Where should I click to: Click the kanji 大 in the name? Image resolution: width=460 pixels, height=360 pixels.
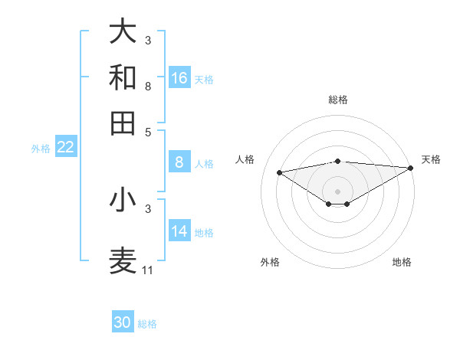123,31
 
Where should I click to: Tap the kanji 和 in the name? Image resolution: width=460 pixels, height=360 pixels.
123,77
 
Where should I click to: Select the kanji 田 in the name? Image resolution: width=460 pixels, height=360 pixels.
123,123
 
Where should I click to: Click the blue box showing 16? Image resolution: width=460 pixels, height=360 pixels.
179,78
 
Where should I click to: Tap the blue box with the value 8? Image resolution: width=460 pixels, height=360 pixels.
179,162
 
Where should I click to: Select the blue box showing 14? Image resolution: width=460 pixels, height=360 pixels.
179,231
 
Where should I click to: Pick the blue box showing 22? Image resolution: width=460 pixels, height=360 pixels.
65,147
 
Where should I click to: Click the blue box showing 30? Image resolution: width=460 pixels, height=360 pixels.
123,322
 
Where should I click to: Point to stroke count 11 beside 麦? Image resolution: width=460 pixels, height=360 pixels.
147,270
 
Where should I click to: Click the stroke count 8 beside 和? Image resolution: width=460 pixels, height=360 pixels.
147,87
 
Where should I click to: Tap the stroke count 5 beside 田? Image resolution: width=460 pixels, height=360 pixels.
147,131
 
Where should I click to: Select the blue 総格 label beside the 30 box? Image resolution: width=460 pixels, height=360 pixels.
147,324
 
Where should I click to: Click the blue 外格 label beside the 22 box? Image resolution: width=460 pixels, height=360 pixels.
40,149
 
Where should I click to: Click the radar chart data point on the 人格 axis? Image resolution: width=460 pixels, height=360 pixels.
279,172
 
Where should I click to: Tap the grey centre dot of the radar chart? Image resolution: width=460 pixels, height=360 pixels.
337,191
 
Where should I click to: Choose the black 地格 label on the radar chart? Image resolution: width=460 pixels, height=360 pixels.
402,262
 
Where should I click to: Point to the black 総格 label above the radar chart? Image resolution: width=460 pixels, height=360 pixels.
337,100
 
